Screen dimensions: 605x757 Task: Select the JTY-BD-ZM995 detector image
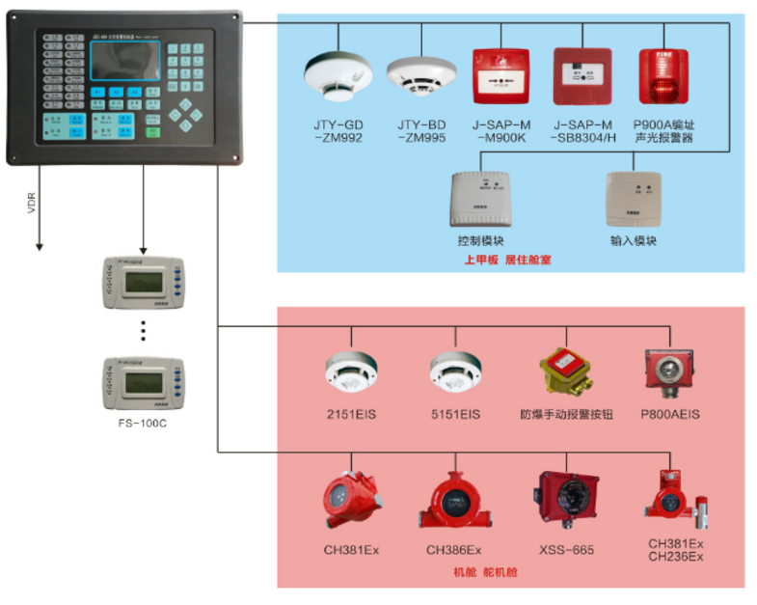[420, 78]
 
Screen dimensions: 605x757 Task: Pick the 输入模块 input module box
[632, 201]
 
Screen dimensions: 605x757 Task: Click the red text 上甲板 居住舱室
[509, 261]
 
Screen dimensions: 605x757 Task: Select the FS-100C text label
[142, 423]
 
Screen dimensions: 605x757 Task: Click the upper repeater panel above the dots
[143, 282]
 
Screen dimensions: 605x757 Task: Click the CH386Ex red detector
[453, 502]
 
